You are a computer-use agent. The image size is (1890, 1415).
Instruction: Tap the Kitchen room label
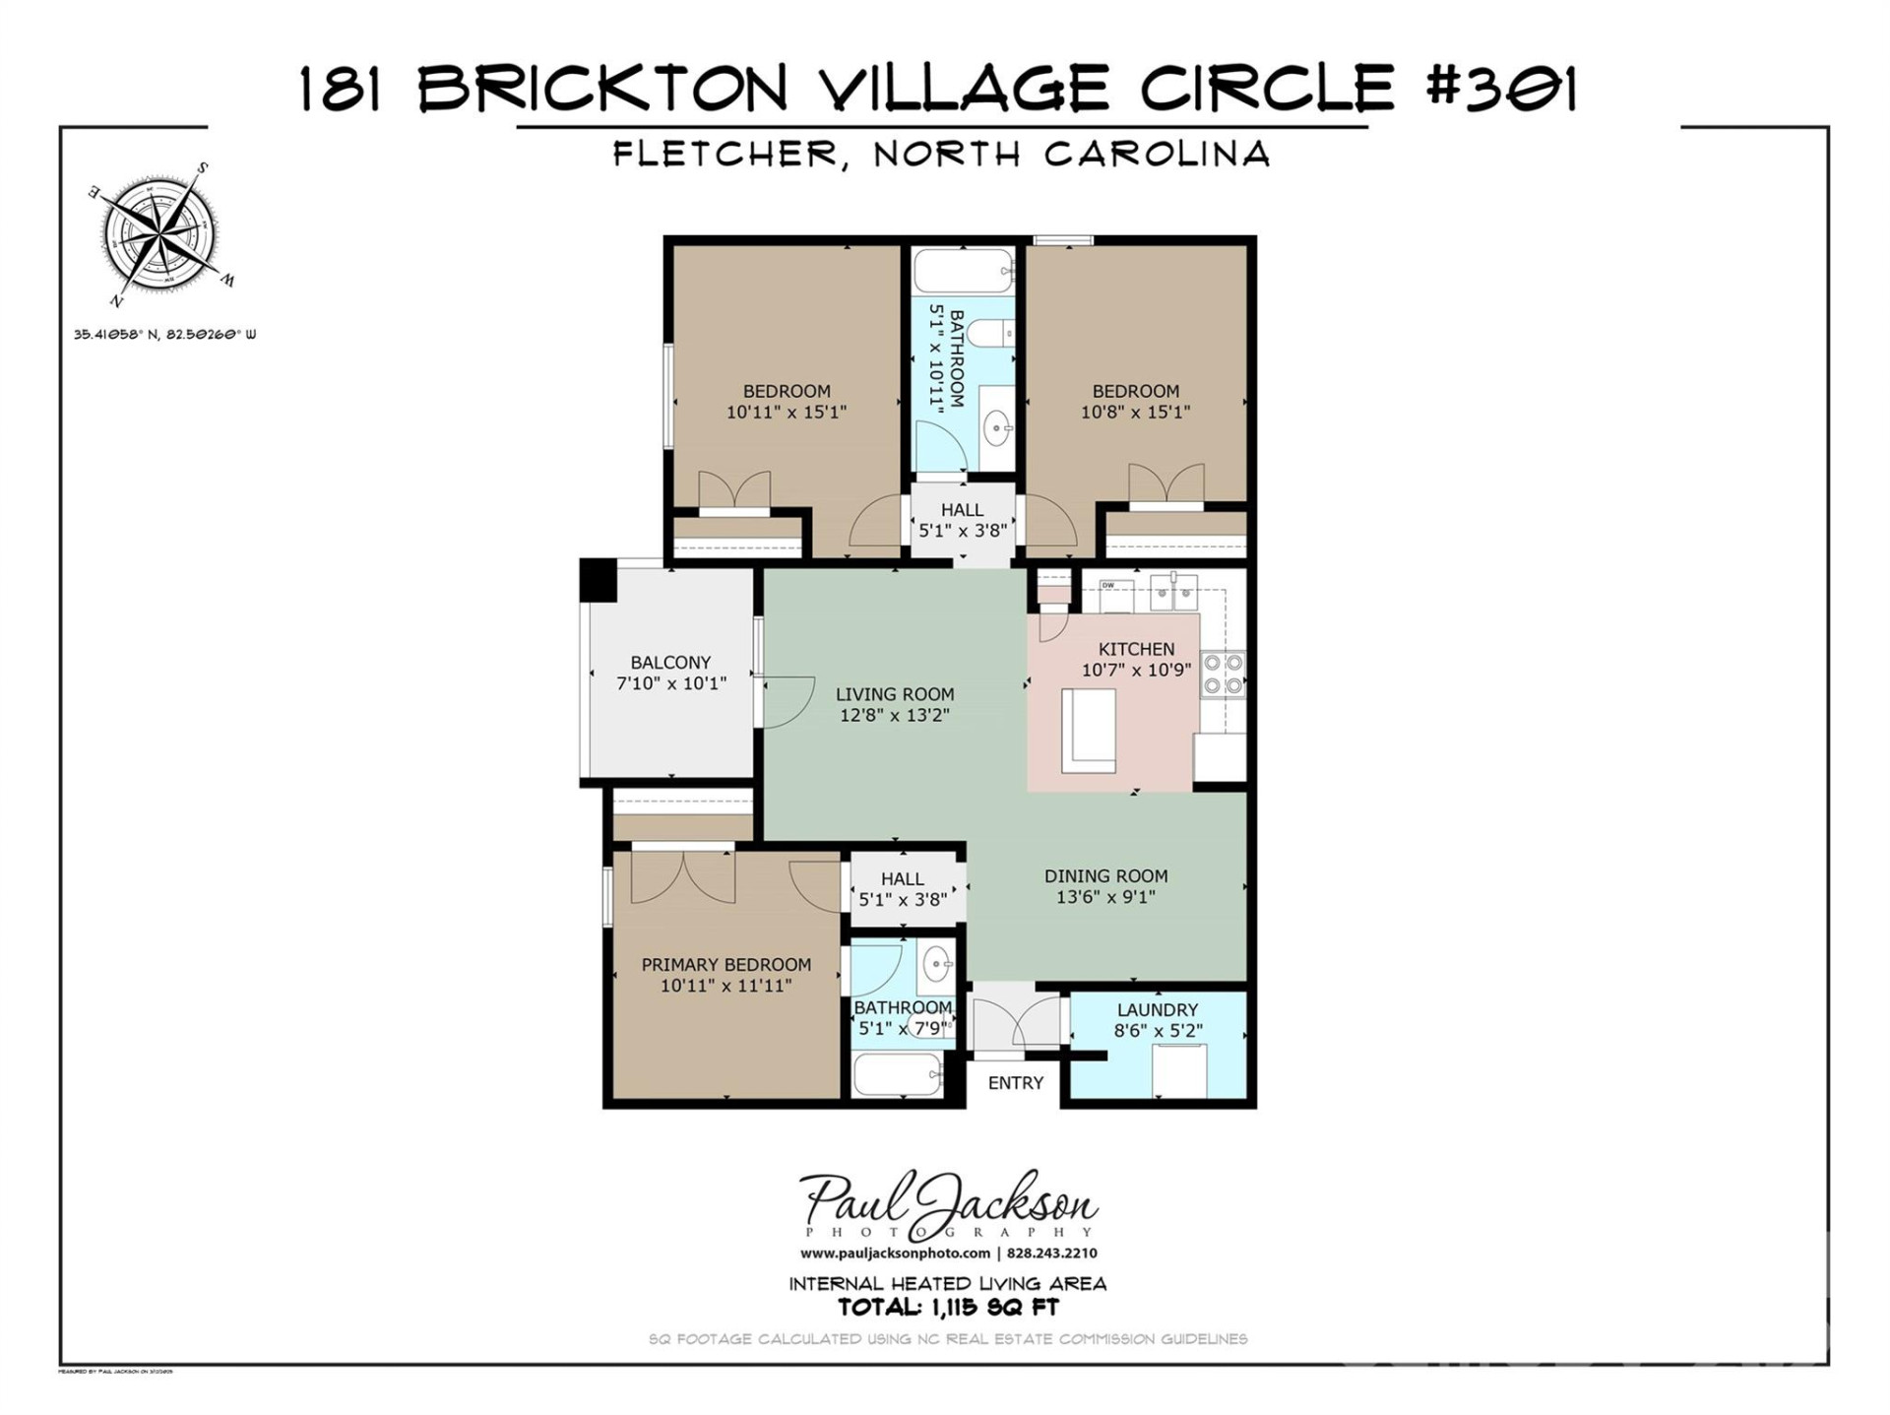(x=1136, y=649)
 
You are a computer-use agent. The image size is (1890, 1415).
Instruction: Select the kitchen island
(x=1088, y=731)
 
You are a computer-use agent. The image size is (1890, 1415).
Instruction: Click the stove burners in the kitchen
(x=1223, y=675)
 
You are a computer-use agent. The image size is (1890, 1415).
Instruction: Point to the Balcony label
(x=670, y=663)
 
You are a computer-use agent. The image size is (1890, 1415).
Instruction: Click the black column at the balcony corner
(x=598, y=580)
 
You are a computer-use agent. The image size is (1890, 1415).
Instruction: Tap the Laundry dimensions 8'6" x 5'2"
(x=1158, y=1031)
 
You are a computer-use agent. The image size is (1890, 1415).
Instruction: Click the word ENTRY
(x=1015, y=1083)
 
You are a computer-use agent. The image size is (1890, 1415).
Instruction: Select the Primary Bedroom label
(x=726, y=965)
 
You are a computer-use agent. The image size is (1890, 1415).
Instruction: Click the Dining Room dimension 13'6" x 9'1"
(x=1105, y=897)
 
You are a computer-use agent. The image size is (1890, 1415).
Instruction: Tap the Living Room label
(x=895, y=694)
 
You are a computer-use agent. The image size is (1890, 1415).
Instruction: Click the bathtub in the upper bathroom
(x=963, y=270)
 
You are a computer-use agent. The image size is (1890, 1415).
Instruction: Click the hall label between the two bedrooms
(x=962, y=510)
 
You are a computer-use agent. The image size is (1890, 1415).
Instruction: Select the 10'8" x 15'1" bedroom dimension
(x=1135, y=413)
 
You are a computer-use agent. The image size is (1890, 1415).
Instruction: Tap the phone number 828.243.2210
(x=1052, y=1254)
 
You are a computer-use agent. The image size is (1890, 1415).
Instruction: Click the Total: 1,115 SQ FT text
(x=948, y=1308)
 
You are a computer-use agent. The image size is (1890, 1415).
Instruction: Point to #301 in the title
(x=1500, y=89)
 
